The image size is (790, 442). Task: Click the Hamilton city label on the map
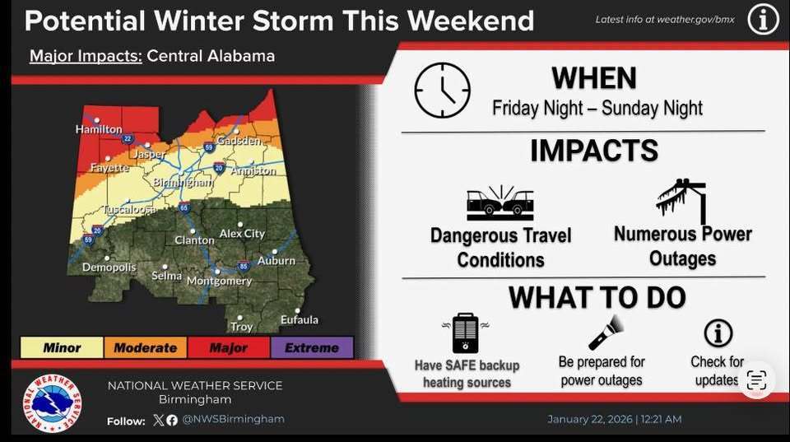click(99, 129)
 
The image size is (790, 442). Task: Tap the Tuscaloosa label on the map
click(129, 210)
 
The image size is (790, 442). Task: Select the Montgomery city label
click(219, 281)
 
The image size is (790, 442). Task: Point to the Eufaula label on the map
click(299, 319)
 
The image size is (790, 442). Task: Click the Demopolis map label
click(108, 268)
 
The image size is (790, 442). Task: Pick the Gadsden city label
click(239, 141)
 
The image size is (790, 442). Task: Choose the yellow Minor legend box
click(62, 347)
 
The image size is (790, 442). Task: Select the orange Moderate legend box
click(145, 347)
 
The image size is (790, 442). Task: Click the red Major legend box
click(228, 347)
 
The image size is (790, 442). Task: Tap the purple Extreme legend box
click(311, 347)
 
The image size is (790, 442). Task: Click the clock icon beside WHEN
click(442, 91)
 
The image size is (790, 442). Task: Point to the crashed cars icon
click(500, 204)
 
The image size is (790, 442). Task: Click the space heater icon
click(466, 333)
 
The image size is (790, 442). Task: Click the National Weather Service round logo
click(52, 404)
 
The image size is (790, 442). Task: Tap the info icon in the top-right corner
click(762, 19)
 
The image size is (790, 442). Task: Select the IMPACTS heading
click(593, 151)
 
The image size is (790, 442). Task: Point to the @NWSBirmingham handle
click(233, 419)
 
